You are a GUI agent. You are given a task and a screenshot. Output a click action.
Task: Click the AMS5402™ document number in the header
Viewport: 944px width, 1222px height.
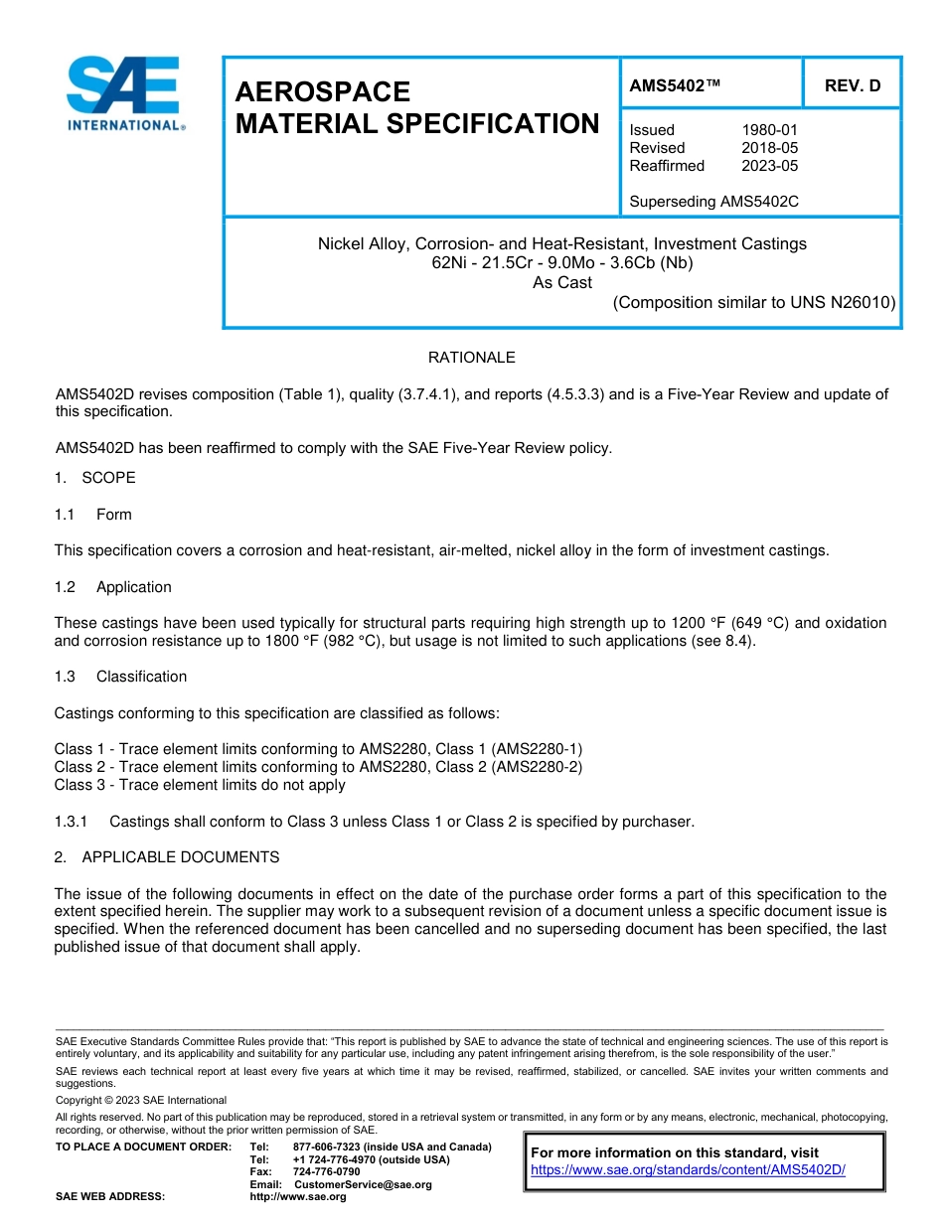pyautogui.click(x=675, y=85)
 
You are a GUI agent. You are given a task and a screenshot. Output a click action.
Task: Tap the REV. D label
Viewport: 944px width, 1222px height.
pyautogui.click(x=852, y=85)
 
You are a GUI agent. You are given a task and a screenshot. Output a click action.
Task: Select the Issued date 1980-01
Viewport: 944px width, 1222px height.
pyautogui.click(x=769, y=130)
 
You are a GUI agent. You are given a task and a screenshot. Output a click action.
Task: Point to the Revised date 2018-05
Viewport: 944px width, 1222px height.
pyautogui.click(x=769, y=148)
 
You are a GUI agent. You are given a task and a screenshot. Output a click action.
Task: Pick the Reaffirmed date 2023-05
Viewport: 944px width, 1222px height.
pyautogui.click(x=769, y=166)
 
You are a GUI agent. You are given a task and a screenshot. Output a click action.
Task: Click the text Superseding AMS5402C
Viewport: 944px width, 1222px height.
pyautogui.click(x=713, y=202)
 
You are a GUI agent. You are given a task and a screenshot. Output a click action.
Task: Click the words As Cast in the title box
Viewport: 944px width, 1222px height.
pyautogui.click(x=561, y=282)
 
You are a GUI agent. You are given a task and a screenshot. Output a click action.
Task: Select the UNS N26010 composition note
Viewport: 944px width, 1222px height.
pyautogui.click(x=754, y=302)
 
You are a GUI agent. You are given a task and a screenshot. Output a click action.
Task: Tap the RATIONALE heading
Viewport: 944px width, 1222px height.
pyautogui.click(x=471, y=358)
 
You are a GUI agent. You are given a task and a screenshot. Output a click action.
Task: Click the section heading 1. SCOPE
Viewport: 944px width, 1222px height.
pyautogui.click(x=95, y=478)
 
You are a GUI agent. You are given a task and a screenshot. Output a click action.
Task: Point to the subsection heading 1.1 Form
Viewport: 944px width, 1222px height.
pyautogui.click(x=93, y=515)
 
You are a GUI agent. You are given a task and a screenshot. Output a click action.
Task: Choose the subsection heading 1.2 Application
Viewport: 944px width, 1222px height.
pyautogui.click(x=113, y=587)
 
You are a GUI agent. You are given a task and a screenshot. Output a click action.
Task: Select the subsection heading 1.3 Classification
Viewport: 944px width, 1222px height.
pyautogui.click(x=120, y=677)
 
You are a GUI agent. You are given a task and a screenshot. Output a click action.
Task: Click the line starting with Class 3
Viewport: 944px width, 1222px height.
pyautogui.click(x=200, y=785)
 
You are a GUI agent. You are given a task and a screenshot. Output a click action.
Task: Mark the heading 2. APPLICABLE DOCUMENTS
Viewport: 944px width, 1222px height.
pyautogui.click(x=167, y=857)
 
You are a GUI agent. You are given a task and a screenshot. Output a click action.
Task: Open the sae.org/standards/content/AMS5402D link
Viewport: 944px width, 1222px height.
pyautogui.click(x=688, y=1170)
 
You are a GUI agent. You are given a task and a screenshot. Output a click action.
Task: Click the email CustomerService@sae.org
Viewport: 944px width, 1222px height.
pyautogui.click(x=363, y=1184)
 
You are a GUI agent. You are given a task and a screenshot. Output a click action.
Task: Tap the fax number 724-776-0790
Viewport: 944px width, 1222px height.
pyautogui.click(x=327, y=1172)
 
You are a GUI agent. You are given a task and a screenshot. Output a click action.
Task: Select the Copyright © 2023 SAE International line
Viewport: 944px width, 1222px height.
pyautogui.click(x=141, y=1101)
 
